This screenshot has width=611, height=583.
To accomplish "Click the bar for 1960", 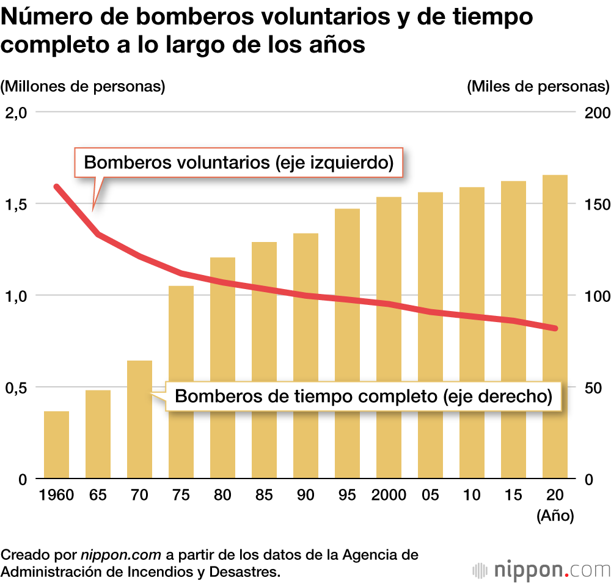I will [x=56, y=445].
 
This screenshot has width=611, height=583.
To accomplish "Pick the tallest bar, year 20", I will [x=555, y=326].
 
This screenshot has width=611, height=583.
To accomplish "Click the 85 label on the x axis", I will [x=264, y=494].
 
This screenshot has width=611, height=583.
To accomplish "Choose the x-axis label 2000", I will [x=389, y=494].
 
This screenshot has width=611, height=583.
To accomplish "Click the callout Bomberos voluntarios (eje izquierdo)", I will [x=238, y=163].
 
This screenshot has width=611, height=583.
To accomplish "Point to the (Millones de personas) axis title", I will [x=83, y=86].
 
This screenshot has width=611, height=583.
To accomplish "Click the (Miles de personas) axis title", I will [x=538, y=86].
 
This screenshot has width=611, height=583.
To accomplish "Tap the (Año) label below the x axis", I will [x=555, y=516].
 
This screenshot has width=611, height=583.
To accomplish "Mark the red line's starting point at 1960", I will [x=57, y=187].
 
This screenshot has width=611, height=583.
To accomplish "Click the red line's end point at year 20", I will [x=555, y=329].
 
